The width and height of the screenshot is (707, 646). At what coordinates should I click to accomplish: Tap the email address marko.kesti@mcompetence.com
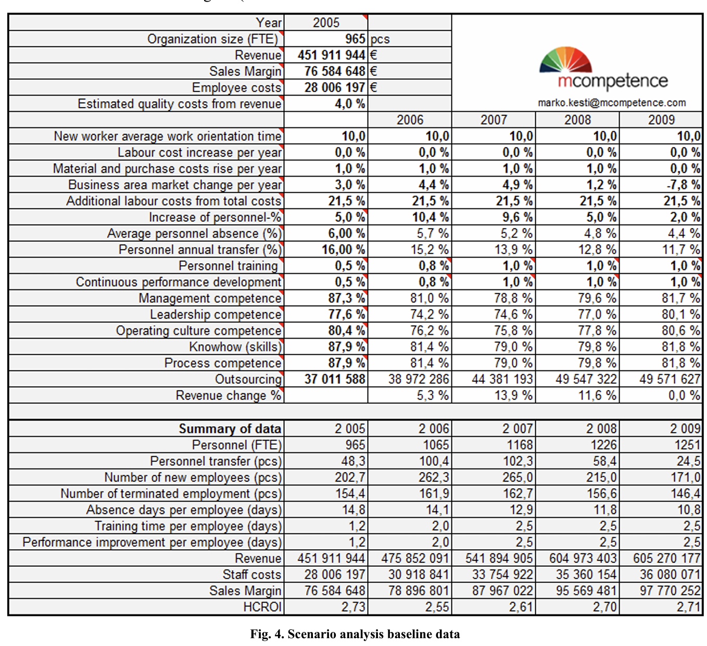click(612, 103)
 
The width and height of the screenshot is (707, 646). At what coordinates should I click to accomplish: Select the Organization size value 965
click(355, 39)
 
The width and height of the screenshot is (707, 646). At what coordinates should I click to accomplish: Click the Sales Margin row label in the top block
click(245, 71)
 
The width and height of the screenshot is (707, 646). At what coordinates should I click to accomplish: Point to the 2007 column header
click(493, 120)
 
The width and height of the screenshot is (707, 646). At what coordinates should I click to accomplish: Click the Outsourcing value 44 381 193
click(502, 379)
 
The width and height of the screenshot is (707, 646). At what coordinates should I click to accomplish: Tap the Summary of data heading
click(230, 429)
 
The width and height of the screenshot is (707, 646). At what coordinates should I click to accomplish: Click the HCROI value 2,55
click(437, 607)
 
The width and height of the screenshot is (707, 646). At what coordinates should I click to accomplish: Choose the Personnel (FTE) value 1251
click(687, 445)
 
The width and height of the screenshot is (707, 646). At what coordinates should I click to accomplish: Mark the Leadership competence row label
click(216, 315)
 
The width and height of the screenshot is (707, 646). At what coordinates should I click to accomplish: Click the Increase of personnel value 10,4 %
click(430, 217)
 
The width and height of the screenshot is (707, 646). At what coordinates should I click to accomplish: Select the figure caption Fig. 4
click(355, 634)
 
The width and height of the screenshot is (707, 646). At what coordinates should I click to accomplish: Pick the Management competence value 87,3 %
click(346, 299)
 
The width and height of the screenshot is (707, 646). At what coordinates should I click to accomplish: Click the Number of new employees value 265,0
click(517, 477)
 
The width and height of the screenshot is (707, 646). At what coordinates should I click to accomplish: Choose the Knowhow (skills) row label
click(235, 347)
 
